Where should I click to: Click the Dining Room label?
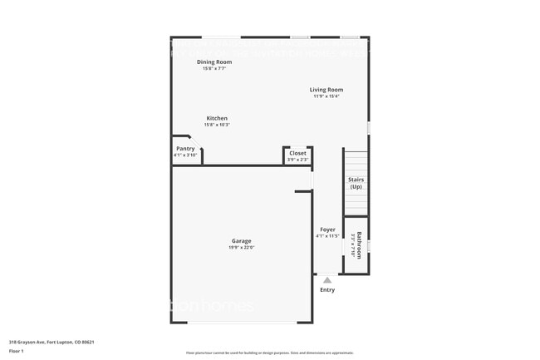214,62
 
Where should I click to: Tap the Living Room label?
326,90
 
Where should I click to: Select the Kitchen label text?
217,118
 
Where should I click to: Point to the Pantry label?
185,149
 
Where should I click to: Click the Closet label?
297,153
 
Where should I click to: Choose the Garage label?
241,241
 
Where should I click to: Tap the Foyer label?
327,229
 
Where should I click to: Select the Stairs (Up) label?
356,183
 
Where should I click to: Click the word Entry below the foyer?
327,289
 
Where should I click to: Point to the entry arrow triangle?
327,280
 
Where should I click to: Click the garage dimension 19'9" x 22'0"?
241,248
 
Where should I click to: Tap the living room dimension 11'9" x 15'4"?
326,96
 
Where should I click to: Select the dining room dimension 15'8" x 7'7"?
214,68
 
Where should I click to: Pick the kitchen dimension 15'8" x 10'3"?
217,125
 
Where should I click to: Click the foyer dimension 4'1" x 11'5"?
327,236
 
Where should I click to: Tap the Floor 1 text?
17,352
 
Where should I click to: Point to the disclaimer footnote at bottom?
269,353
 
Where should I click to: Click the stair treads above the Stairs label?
356,161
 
